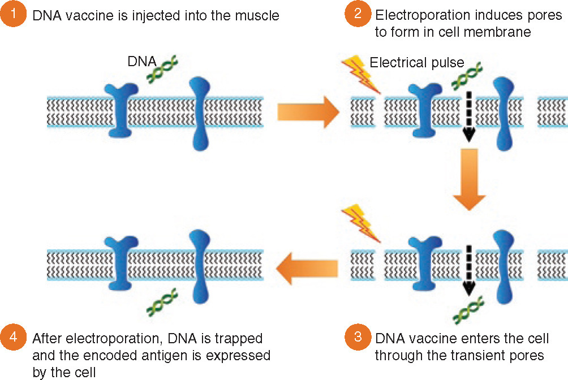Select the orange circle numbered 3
click(358, 339)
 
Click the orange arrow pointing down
click(469, 179)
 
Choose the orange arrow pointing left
click(306, 266)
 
